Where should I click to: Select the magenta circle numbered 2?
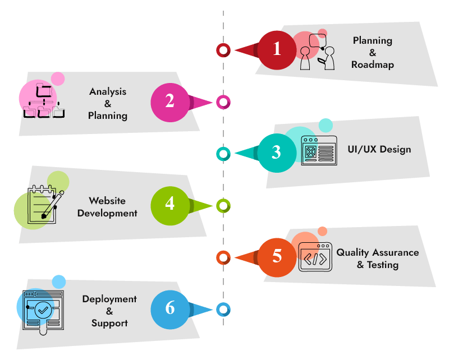[170, 102]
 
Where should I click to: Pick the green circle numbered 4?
[170, 205]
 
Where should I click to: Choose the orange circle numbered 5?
[277, 257]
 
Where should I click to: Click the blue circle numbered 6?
[170, 309]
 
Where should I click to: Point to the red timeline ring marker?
[223, 50]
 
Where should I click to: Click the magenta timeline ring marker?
[223, 103]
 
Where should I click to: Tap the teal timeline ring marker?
[223, 153]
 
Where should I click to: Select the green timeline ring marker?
[223, 206]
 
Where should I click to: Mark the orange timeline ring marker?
[223, 258]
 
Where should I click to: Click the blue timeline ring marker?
[223, 309]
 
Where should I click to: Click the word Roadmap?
[373, 64]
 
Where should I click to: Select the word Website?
[107, 201]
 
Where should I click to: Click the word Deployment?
[109, 299]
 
